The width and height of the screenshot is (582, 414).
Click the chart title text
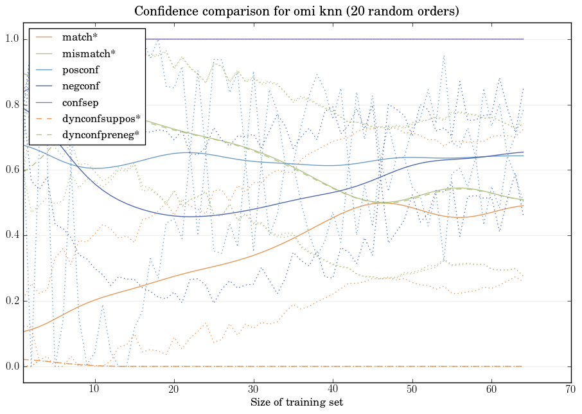[x=296, y=12]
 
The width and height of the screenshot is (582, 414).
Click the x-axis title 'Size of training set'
[x=296, y=403]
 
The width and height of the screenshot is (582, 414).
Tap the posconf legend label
[x=80, y=69]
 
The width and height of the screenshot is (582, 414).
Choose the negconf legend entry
[x=81, y=85]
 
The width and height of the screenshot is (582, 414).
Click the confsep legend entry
[x=80, y=102]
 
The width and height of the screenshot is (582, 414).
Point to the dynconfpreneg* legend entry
[x=101, y=136]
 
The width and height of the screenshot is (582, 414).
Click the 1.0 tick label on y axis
[x=12, y=39]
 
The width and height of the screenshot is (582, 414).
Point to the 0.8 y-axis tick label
[x=12, y=105]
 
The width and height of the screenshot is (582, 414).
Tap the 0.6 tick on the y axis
[x=12, y=170]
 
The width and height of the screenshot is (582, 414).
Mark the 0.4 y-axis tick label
[x=12, y=236]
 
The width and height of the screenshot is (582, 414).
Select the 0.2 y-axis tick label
[x=12, y=301]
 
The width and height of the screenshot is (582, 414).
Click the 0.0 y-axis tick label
[x=12, y=367]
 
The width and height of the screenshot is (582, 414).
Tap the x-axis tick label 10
[x=94, y=390]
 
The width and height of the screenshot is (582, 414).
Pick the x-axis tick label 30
[x=253, y=390]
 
